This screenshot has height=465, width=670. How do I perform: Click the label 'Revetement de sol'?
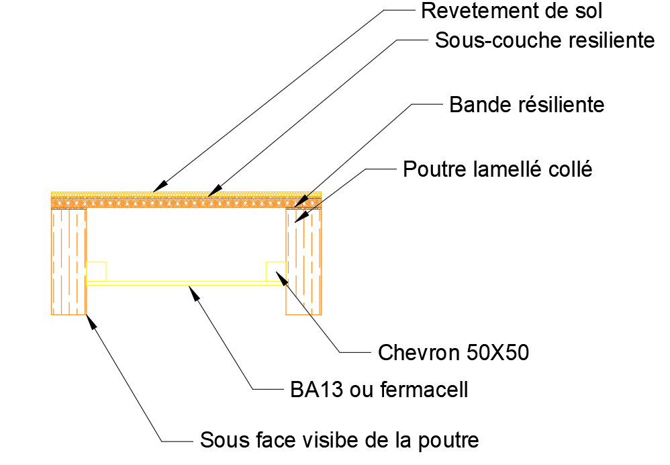512,11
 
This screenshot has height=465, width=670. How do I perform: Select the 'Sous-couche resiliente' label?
544,40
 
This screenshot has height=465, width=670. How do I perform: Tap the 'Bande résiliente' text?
527,105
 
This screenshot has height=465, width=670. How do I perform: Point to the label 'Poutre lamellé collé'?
497,169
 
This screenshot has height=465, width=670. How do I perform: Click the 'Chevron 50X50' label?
453,351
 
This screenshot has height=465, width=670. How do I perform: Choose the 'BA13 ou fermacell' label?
379,389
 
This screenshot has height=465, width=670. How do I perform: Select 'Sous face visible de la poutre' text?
340,440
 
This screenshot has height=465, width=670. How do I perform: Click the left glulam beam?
68,261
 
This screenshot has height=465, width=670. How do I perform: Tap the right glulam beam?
304,261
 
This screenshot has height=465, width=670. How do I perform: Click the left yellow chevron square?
97,271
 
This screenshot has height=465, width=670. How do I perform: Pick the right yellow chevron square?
276,271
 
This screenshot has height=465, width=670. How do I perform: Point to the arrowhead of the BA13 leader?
191,289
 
